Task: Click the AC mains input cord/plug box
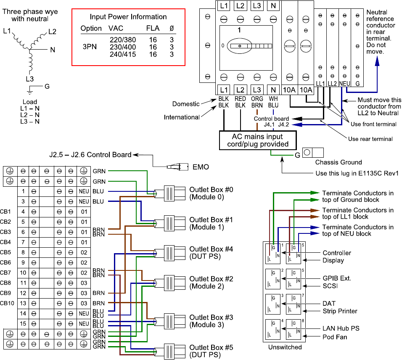tap(257, 140)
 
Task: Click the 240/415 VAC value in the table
tap(122, 54)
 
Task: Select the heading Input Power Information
tap(128, 17)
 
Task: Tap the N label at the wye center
tap(53, 50)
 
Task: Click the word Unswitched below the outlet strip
tap(285, 347)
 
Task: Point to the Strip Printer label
tap(340, 311)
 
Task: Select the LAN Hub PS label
tap(341, 328)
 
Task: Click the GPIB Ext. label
tap(337, 278)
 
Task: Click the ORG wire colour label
tap(257, 99)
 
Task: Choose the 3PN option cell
tap(89, 47)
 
